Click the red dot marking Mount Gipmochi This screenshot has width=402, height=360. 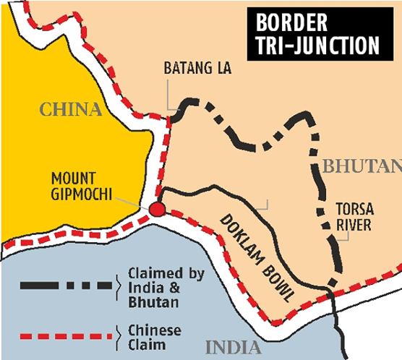click(x=157, y=210)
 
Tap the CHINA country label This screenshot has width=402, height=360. click(x=70, y=110)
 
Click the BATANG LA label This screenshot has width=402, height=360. click(x=187, y=69)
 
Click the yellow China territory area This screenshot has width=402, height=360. click(x=72, y=159)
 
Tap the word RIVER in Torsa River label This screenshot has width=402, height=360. click(x=354, y=225)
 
